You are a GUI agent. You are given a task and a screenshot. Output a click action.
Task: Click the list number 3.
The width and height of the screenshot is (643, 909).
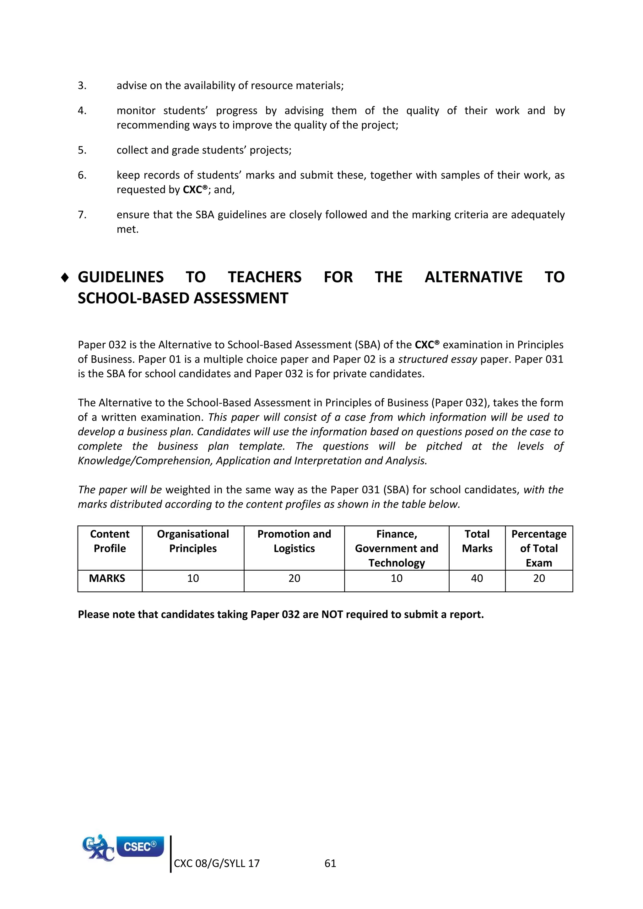click(x=82, y=85)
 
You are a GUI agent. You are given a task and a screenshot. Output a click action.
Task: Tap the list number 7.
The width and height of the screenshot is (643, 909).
click(x=82, y=215)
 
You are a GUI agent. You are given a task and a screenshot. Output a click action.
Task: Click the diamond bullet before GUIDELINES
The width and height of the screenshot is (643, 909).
click(x=65, y=277)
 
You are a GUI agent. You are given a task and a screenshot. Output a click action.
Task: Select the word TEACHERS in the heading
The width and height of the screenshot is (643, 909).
click(x=264, y=277)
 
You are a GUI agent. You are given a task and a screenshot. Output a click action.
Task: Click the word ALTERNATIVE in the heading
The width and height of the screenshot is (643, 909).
click(x=473, y=277)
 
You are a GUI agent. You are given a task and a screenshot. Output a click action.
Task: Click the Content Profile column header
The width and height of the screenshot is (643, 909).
click(x=110, y=541)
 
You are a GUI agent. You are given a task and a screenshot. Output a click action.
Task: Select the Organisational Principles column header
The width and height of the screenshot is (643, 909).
click(x=193, y=541)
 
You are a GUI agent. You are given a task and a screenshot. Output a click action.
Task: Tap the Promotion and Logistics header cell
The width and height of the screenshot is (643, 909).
click(x=294, y=541)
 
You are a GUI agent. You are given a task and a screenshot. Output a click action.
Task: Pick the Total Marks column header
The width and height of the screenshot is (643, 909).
click(x=477, y=541)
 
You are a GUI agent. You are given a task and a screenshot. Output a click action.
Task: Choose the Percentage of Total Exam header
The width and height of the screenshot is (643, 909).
click(x=538, y=548)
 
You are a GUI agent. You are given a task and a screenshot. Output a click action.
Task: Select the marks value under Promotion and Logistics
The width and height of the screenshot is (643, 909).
click(x=294, y=578)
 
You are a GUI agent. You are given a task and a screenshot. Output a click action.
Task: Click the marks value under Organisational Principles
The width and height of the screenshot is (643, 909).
click(x=193, y=578)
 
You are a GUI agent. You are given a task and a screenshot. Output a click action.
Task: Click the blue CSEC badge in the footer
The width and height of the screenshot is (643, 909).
click(x=140, y=847)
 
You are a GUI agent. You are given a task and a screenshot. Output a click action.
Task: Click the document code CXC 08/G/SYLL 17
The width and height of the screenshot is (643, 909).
click(x=217, y=863)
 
